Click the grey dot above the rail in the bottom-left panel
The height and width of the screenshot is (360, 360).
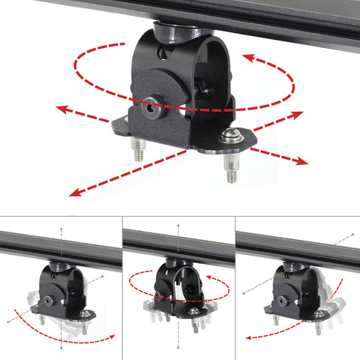[x=61, y=229]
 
